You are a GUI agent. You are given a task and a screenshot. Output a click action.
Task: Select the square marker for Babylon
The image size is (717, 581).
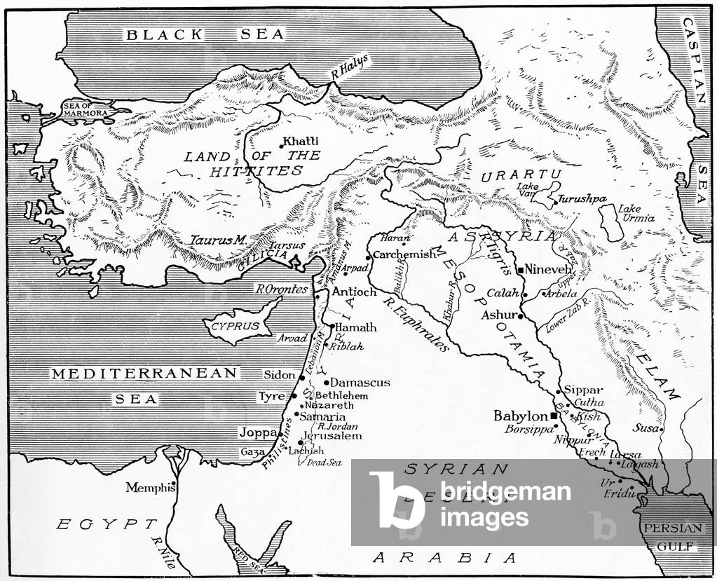pos(554,416)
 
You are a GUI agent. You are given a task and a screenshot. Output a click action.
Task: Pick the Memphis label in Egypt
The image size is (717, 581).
pos(149,488)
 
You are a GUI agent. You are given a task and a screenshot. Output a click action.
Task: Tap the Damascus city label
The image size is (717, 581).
pos(360,383)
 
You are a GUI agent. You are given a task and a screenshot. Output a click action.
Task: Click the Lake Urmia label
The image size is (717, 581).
pos(636,213)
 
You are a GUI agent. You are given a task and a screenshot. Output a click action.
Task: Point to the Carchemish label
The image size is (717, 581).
pos(404,254)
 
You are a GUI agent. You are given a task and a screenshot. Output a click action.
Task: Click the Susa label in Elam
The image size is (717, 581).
pos(645,427)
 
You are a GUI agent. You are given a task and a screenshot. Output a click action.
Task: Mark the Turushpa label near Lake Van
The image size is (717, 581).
pos(582,199)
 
